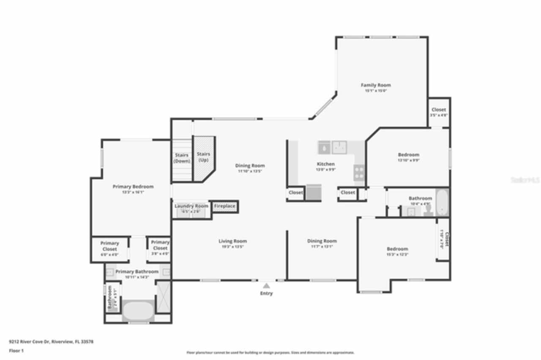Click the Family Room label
coord(375,85)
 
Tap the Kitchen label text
coord(326,164)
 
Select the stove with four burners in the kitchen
coord(359,173)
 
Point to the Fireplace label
coord(224,206)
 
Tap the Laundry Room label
coord(191,206)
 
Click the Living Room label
coord(232,241)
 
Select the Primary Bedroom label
coord(133,186)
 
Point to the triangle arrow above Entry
coord(266,286)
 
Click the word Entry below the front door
coord(266,293)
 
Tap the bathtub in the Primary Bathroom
coord(138,311)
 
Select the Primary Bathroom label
coord(137,272)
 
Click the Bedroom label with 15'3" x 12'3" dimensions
coord(397,249)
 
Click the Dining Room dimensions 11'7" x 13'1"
coord(322,246)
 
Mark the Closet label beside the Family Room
coord(438,110)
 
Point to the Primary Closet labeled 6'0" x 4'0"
coord(109,246)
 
